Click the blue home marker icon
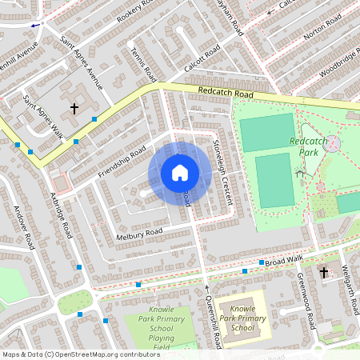pos(179,172)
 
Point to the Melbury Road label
pos(140,232)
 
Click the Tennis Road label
pos(142,63)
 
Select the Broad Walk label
pos(285,261)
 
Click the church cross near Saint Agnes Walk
pos(74,108)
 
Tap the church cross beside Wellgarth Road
pos(324,273)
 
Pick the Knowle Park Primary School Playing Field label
pos(160,328)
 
